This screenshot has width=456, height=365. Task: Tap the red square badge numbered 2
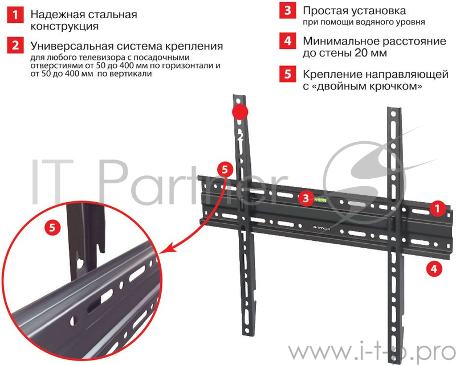click(x=14, y=46)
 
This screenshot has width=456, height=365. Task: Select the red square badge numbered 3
click(x=288, y=11)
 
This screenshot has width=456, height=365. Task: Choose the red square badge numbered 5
click(x=288, y=74)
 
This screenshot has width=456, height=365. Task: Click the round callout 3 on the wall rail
click(x=306, y=198)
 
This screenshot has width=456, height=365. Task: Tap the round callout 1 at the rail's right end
click(x=437, y=209)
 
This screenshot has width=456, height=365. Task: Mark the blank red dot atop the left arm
click(x=241, y=112)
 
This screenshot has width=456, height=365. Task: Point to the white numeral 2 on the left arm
click(x=241, y=136)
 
